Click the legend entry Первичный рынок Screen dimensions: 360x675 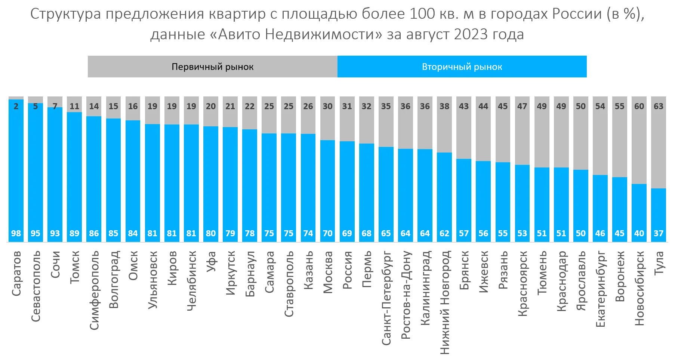pos(212,67)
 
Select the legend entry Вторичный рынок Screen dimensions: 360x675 pos(462,67)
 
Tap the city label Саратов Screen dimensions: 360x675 pos(16,274)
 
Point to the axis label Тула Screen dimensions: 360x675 pos(659,263)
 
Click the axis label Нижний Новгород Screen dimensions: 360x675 pos(444,302)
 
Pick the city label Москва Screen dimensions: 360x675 pos(328,272)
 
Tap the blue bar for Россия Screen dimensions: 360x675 pos(347,187)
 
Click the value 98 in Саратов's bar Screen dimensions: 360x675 pos(16,234)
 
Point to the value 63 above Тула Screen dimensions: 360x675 pos(659,106)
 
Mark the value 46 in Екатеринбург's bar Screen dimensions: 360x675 pos(600,234)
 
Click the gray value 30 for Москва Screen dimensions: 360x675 pos(328,106)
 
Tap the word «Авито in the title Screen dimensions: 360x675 pos(237,34)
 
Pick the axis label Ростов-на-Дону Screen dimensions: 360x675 pos(406,295)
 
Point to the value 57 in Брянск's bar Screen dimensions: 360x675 pos(464,234)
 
